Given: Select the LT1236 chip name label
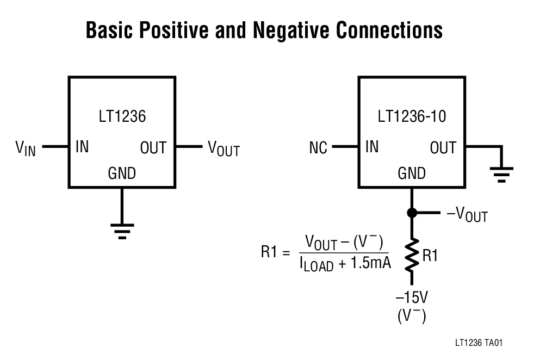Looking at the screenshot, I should [x=122, y=116].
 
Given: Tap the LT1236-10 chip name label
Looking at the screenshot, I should [x=411, y=116].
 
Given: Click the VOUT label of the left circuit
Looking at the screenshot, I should [x=224, y=148].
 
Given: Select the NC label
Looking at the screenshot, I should [x=318, y=148].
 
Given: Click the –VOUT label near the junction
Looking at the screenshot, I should [x=467, y=215].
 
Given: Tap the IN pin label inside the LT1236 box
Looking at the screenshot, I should [x=82, y=147].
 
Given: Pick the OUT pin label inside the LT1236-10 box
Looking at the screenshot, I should [x=443, y=147].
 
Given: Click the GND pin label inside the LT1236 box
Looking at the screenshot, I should [x=122, y=173].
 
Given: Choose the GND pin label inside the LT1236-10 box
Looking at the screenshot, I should [x=412, y=173].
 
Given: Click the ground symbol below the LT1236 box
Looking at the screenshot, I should [x=122, y=230].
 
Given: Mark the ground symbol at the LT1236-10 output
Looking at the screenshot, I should [x=501, y=175].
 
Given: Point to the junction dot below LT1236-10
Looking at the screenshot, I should [x=412, y=213].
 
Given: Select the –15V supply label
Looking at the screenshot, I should [x=412, y=298].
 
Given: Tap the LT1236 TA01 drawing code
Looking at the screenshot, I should [x=479, y=343].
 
